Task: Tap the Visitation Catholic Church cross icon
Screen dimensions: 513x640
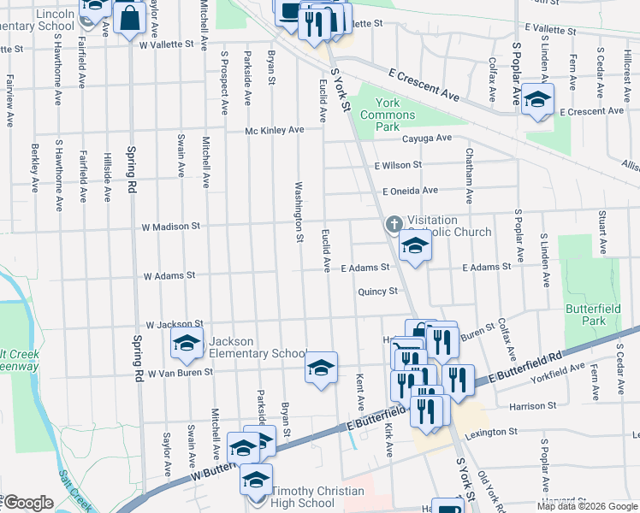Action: [394, 225]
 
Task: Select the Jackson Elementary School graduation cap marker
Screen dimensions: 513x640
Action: [186, 345]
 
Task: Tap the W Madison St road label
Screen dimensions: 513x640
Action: [171, 227]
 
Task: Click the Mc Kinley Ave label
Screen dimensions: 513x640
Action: [275, 130]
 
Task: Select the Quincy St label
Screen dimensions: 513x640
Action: [378, 291]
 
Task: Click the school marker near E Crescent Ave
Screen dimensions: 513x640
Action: [536, 100]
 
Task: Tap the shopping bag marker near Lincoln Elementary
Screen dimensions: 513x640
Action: [128, 18]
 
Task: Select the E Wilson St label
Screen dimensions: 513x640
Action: [398, 164]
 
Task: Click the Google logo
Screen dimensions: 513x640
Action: [27, 503]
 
